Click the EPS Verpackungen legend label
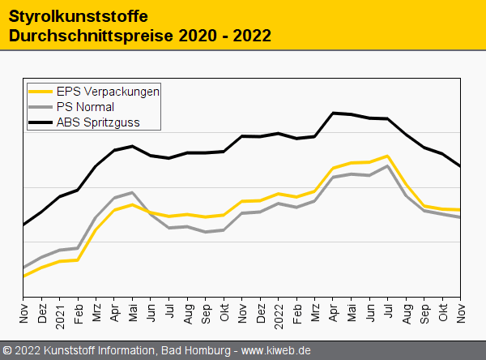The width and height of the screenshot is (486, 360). [x=108, y=92]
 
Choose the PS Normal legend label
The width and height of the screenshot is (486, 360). [x=85, y=107]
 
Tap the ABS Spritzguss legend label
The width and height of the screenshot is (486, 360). [x=98, y=122]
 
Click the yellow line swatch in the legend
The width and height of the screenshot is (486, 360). [x=40, y=92]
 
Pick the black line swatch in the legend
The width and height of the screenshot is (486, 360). [x=40, y=122]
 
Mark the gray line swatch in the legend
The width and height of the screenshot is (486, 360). [x=40, y=107]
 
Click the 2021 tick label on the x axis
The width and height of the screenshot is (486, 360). [x=59, y=313]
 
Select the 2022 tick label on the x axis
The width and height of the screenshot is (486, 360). [x=278, y=313]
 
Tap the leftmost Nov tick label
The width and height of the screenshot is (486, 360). [x=23, y=311]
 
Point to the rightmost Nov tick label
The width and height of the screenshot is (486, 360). [x=461, y=311]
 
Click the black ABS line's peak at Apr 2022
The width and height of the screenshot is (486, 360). [x=333, y=113]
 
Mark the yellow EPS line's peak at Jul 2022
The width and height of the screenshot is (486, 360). [x=389, y=156]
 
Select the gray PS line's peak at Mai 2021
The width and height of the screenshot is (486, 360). [x=132, y=192]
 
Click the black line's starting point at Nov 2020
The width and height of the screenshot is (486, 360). [x=23, y=225]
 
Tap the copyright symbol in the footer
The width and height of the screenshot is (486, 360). [x=8, y=350]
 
